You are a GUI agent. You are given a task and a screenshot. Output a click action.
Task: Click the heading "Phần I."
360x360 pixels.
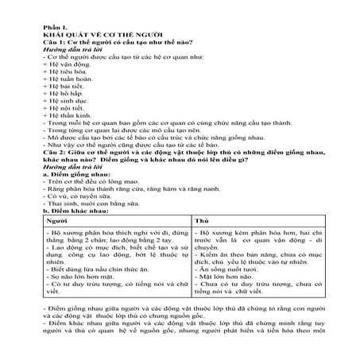57,26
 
